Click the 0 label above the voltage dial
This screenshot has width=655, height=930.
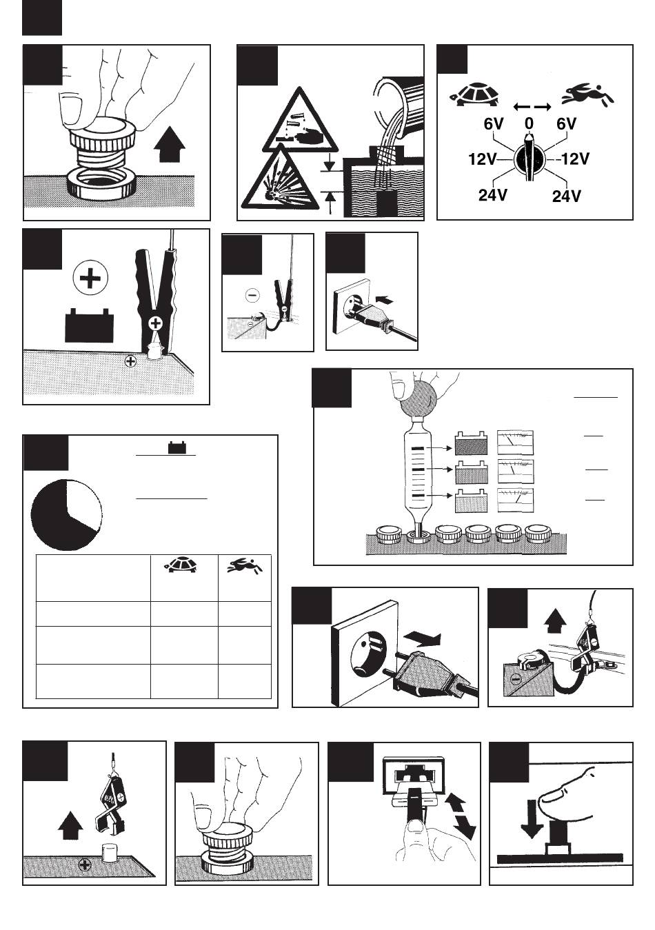coord(528,123)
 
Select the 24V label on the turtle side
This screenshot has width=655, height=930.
coord(492,194)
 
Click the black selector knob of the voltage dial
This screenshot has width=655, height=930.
coord(529,160)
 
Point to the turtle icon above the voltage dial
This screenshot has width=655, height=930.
coord(474,94)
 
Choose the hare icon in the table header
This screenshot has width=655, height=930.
coord(245,566)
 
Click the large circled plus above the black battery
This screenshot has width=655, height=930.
coord(90,278)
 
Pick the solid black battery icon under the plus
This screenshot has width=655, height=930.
coord(90,325)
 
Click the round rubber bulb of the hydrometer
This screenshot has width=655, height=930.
coord(417,397)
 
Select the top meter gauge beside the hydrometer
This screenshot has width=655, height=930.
coord(516,443)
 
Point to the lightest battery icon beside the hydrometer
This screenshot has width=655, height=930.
coord(471,501)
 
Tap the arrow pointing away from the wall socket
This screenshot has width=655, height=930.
coord(421,639)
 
